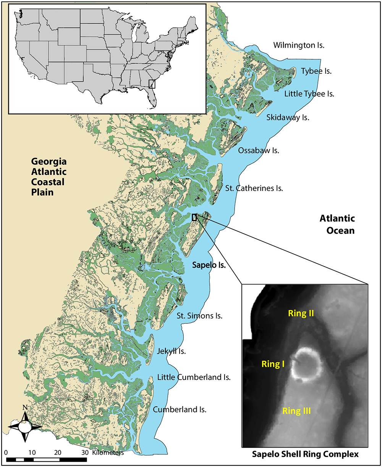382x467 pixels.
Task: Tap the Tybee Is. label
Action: pos(316,71)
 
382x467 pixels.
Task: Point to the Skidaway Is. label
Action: pos(288,117)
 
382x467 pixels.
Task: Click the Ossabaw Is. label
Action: pos(259,150)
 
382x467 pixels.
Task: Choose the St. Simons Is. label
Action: pos(199,316)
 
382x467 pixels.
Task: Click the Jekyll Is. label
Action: pos(171,352)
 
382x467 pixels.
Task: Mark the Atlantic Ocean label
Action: pos(337,225)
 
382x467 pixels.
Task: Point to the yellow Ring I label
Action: pos(273,364)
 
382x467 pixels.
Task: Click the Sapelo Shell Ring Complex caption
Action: pos(305,454)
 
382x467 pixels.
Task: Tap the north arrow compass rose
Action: pos(25,425)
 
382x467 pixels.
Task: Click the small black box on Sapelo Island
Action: pos(194,217)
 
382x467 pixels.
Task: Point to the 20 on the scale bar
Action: pos(58,452)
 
